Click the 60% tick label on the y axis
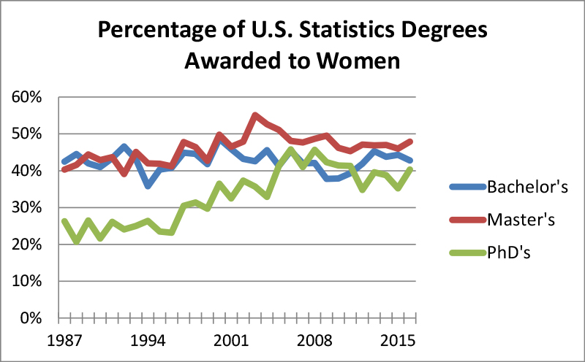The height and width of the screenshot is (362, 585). coord(28,97)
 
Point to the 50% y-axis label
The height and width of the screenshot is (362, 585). coord(28,134)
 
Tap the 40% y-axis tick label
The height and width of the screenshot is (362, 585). coord(28,171)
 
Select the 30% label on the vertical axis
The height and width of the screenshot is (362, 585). coord(28,208)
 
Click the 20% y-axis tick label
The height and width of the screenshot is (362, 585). coord(28,244)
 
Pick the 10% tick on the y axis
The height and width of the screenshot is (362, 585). coord(28,282)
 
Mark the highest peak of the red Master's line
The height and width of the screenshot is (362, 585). coord(254,115)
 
